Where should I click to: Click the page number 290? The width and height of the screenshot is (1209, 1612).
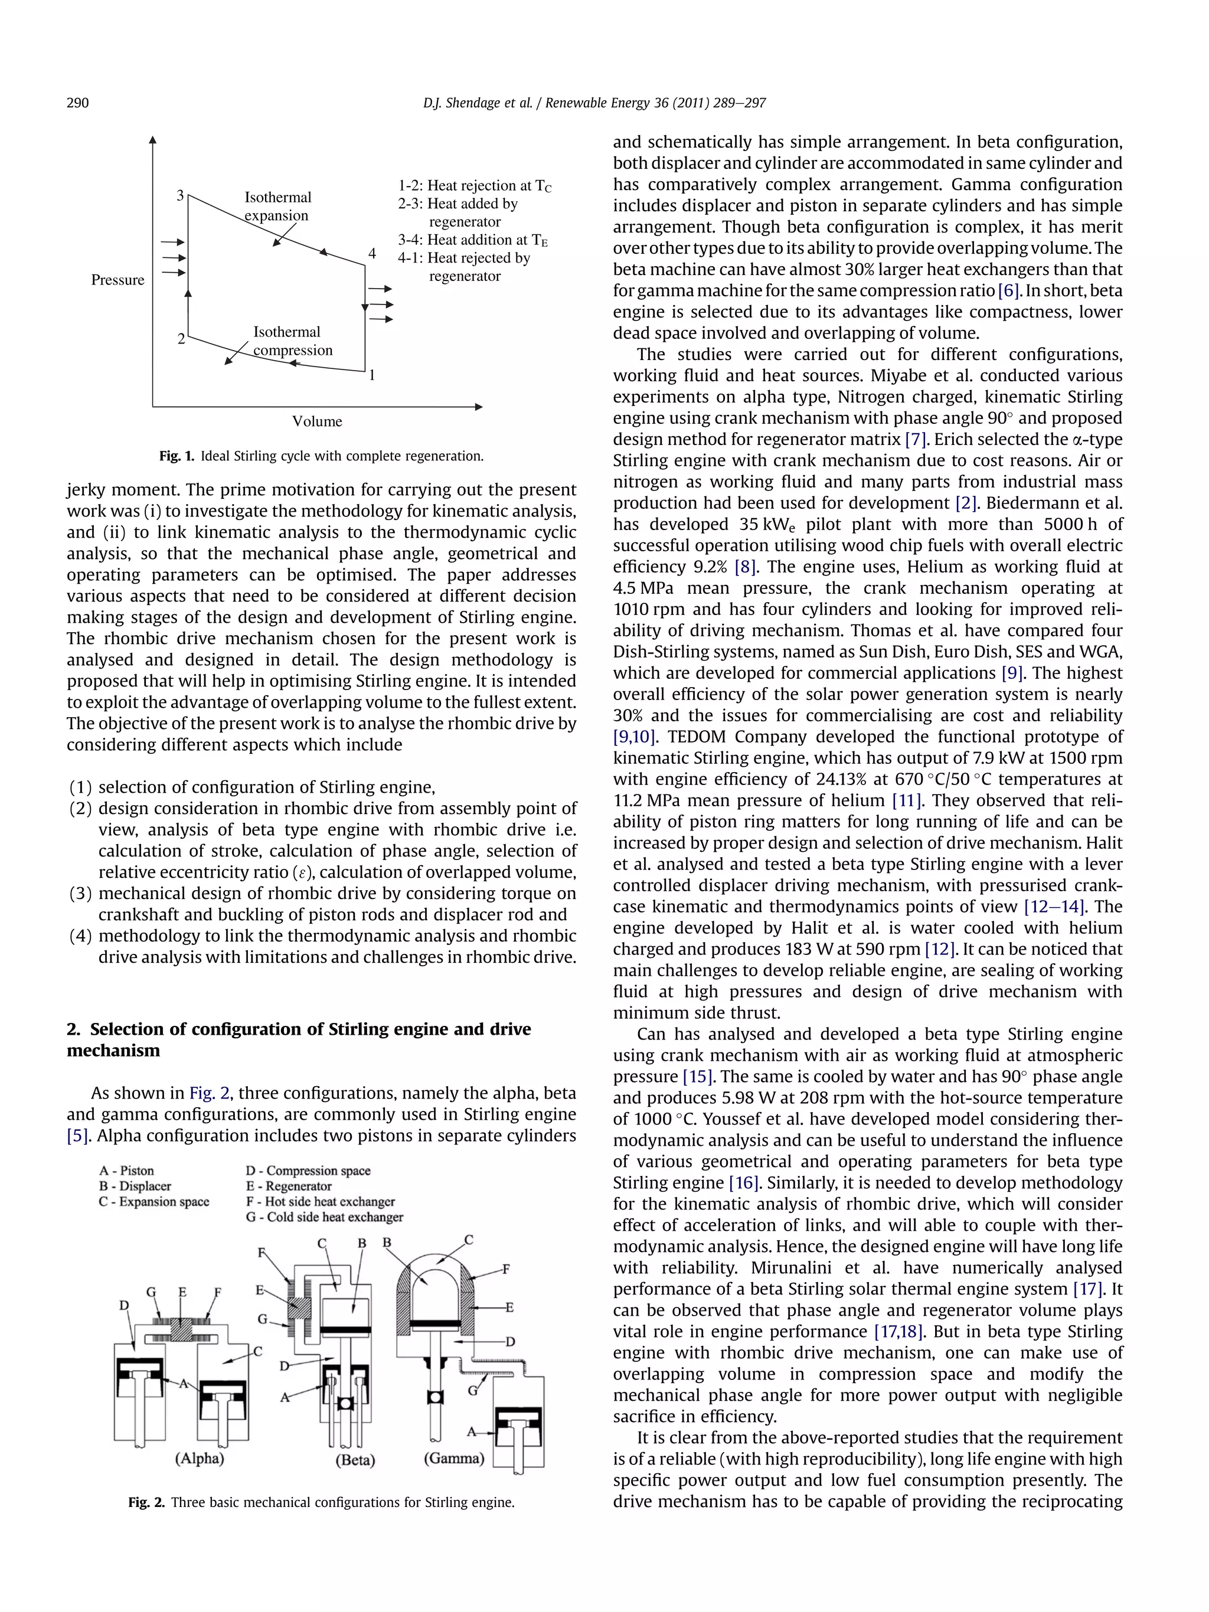click(x=78, y=103)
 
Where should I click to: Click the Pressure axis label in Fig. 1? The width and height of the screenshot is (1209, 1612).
click(x=117, y=280)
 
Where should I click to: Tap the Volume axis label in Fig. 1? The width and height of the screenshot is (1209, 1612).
click(x=317, y=421)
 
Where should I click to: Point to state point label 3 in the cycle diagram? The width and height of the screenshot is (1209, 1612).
click(x=180, y=195)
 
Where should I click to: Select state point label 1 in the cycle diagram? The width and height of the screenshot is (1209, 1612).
click(x=372, y=375)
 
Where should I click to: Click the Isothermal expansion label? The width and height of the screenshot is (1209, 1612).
click(x=277, y=206)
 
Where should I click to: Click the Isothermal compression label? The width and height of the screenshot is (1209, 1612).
click(x=292, y=341)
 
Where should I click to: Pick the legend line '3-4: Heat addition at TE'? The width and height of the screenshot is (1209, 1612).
click(x=472, y=240)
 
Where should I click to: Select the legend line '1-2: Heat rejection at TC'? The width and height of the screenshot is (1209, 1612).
click(x=475, y=186)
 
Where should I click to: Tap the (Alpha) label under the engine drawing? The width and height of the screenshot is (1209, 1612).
click(x=199, y=1458)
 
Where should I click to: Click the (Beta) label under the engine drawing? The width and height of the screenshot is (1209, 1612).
click(x=355, y=1460)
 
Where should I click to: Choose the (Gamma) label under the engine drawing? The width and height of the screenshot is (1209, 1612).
click(x=454, y=1458)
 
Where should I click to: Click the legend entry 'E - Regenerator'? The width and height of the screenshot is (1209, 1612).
click(x=289, y=1186)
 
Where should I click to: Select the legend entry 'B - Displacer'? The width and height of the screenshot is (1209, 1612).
click(x=135, y=1186)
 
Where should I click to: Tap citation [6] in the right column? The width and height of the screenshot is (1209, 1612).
click(x=1009, y=291)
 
